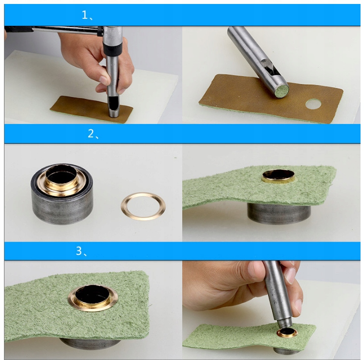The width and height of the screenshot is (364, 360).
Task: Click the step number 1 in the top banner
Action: click(84, 15)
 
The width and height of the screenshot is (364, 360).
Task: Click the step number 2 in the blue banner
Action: click(91, 133)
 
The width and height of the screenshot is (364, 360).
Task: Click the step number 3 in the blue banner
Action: click(79, 251)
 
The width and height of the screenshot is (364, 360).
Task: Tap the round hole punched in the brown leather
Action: click(313, 104)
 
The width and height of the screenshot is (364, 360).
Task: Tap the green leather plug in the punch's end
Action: click(282, 91)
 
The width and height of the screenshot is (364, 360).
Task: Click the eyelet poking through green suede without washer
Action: click(278, 176)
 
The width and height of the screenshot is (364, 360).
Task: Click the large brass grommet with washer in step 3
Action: click(93, 298)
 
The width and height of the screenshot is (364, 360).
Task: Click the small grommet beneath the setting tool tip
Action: click(287, 333)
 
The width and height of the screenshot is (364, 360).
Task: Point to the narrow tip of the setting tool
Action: click(285, 323)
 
